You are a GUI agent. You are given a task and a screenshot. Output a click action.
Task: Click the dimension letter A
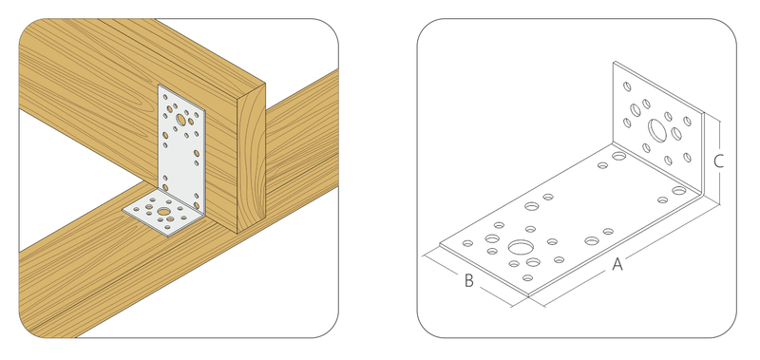617,265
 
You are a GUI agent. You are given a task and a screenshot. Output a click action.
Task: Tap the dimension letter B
468,280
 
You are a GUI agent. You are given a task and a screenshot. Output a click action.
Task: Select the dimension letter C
719,161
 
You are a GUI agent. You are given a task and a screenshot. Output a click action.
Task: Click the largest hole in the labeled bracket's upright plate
657,130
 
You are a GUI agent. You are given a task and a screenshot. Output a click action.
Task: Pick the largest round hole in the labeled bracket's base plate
519,248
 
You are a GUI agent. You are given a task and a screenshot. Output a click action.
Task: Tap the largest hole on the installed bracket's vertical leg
180,119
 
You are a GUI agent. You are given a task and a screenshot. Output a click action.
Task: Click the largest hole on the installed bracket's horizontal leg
164,212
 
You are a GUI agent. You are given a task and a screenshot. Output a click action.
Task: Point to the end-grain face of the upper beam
251,159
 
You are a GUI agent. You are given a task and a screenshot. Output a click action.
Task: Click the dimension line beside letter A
631,256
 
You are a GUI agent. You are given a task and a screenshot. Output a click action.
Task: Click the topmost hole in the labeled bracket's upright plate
627,86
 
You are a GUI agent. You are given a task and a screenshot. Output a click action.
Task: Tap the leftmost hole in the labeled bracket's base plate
467,243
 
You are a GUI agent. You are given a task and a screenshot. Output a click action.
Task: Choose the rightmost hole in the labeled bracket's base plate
679,191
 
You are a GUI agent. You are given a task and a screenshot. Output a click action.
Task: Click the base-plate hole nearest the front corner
528,278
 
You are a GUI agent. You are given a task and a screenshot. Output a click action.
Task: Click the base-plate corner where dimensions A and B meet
528,295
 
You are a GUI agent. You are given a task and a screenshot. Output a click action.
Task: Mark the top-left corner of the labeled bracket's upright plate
614,62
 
